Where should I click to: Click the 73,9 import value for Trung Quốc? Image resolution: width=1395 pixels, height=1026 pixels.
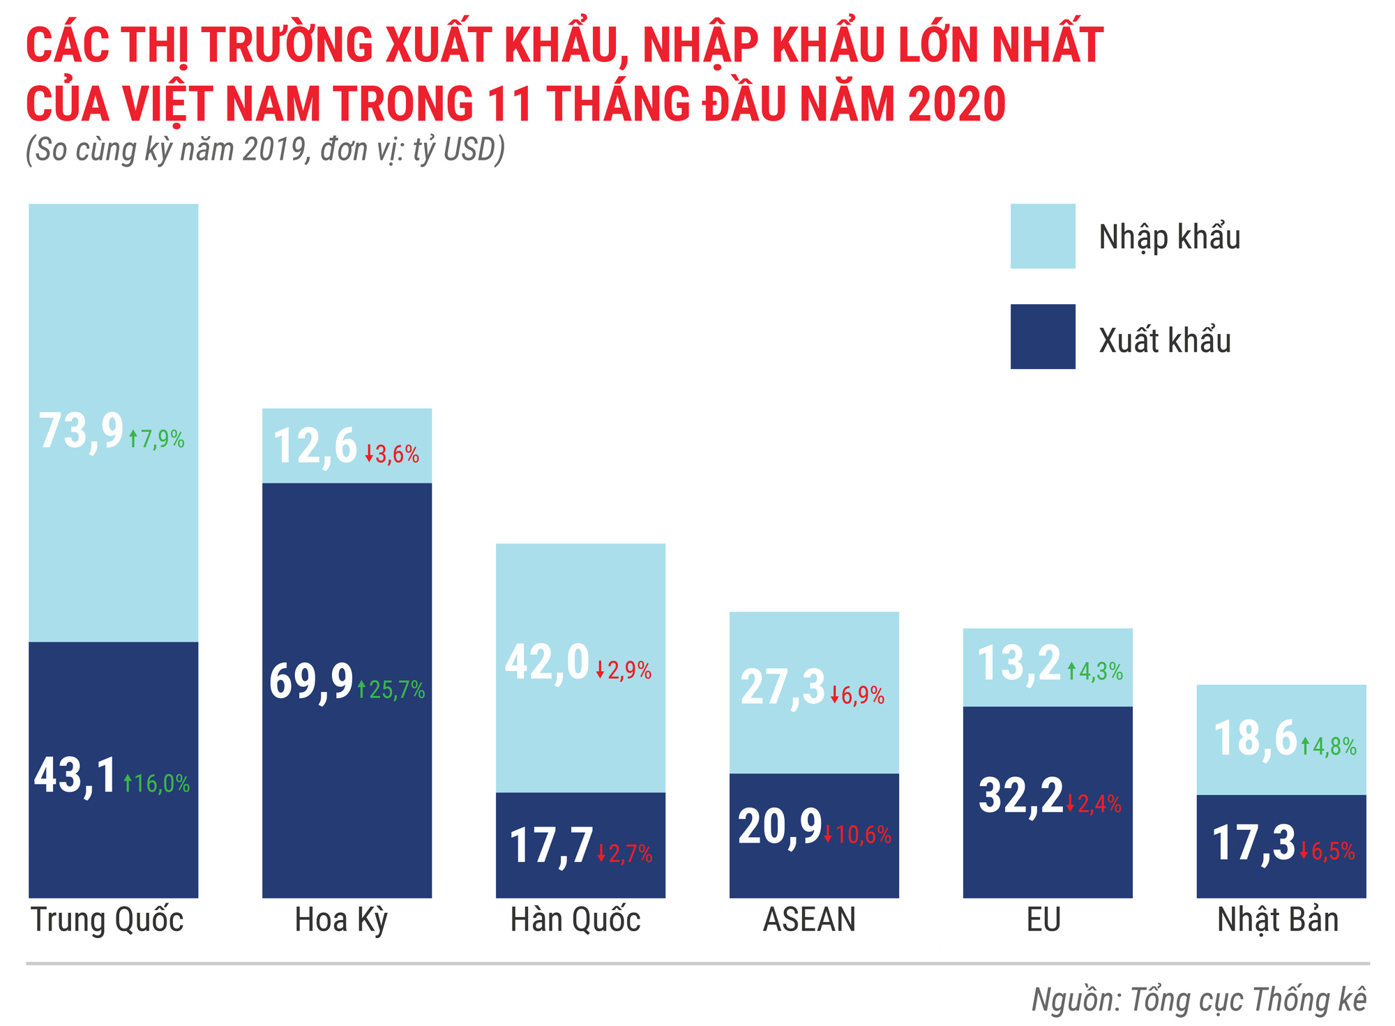81,432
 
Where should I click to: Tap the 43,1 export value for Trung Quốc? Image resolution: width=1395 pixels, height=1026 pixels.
75,776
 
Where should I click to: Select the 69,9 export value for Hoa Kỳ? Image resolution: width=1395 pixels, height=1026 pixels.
311,682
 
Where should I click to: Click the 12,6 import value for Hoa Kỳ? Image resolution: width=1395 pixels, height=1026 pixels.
315,447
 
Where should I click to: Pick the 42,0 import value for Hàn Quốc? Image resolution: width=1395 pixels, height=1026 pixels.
547,663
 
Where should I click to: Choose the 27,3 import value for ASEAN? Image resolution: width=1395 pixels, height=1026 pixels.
783,688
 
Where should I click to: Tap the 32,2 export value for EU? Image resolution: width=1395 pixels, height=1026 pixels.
1021,796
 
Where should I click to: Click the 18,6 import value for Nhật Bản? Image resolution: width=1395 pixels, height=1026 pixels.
1255,739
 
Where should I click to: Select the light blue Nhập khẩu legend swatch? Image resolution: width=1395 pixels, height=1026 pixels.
1043,236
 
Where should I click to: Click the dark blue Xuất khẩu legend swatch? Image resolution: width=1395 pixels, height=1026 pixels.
1043,336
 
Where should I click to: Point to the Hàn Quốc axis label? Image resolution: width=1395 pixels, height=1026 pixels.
575,920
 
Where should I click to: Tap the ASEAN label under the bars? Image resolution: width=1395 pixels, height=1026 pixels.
809,920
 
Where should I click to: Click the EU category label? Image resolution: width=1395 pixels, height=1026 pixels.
1043,920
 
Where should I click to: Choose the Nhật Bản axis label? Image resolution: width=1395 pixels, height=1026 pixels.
1278,920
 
